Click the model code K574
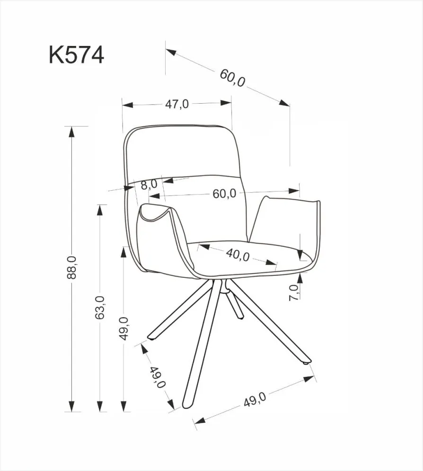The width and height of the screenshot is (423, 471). (x=76, y=55)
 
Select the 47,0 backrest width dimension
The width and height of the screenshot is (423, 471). (x=177, y=104)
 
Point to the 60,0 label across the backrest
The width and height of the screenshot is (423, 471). (x=224, y=194)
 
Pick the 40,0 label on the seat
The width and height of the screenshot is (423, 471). (x=238, y=254)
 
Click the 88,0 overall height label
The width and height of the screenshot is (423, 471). (x=72, y=268)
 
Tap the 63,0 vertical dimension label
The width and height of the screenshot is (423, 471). (x=99, y=307)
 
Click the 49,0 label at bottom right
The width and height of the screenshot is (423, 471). (x=255, y=401)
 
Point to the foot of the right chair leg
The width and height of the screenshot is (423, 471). (x=307, y=362)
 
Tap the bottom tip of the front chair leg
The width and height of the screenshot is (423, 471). (x=185, y=406)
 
